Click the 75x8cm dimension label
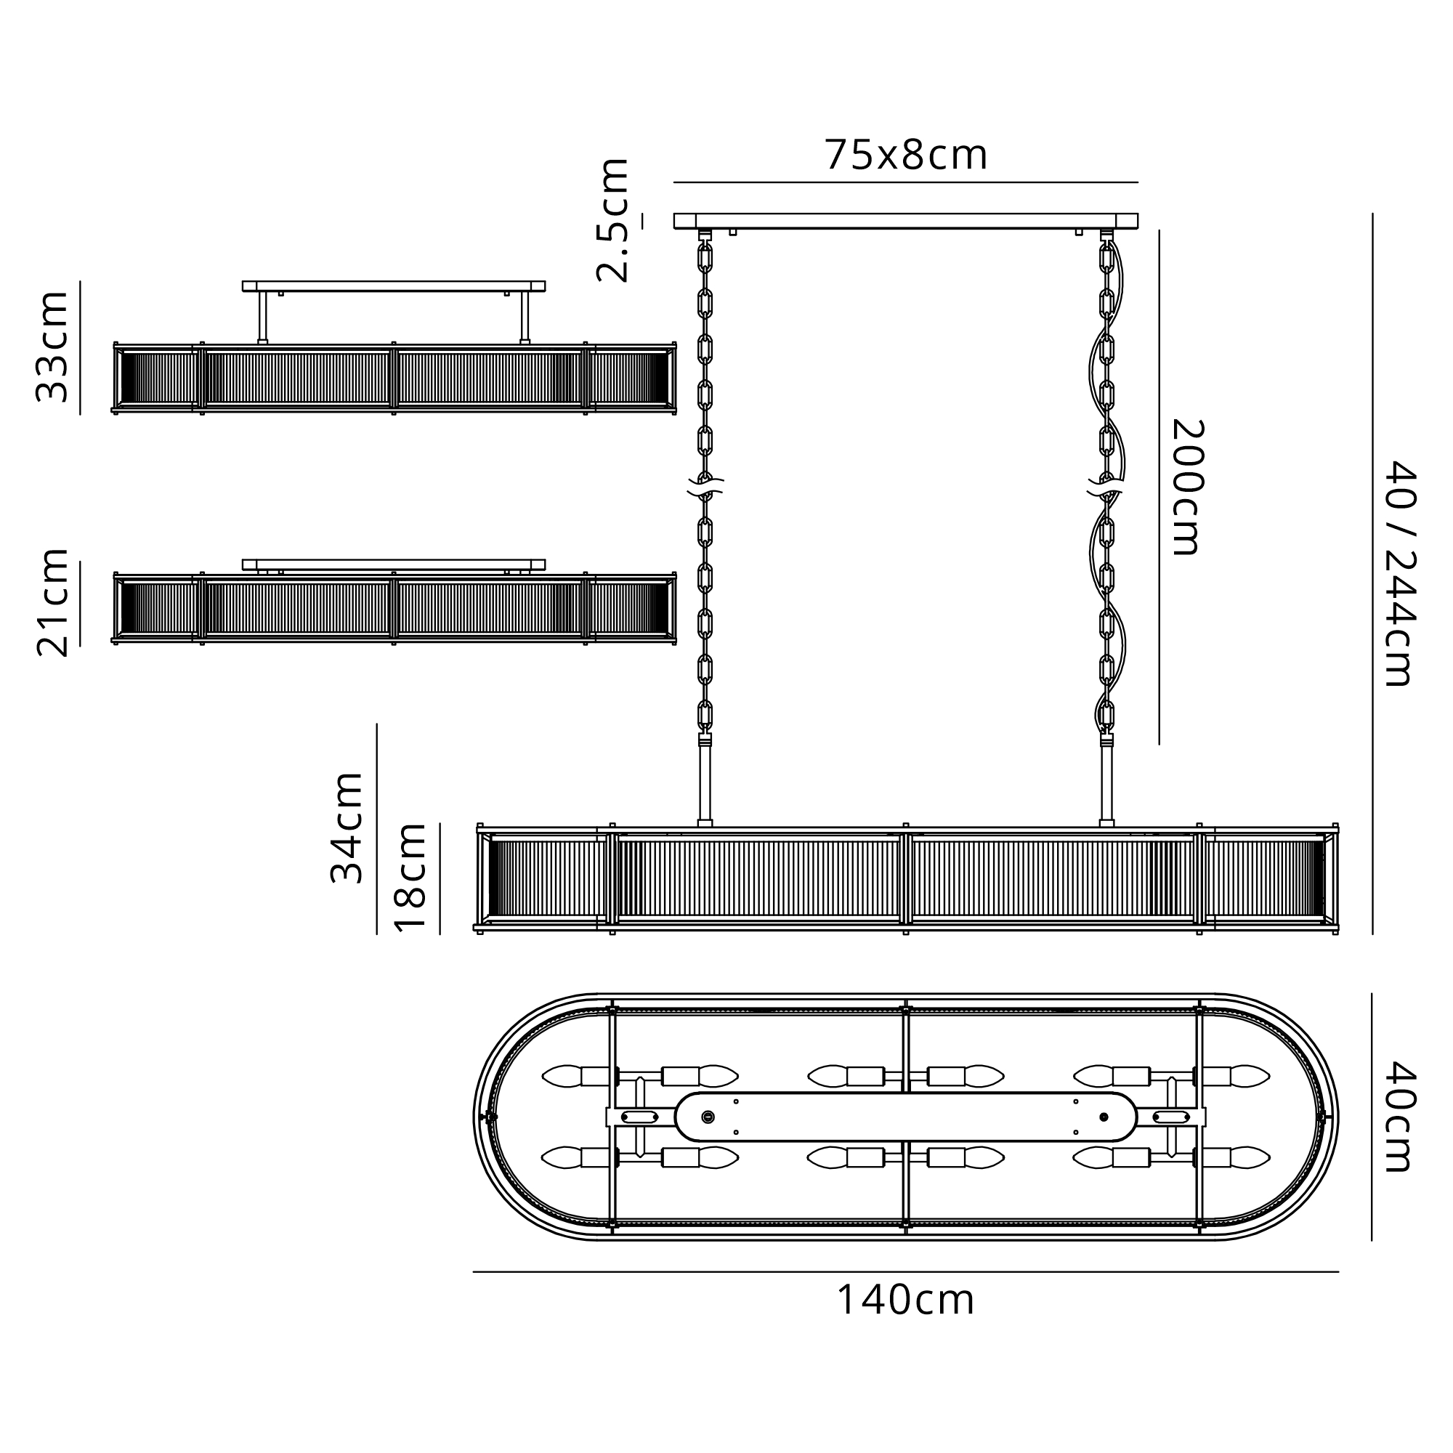905,155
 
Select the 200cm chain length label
1189,487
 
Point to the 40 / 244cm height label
1401,573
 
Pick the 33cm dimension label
52,347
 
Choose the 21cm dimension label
52,602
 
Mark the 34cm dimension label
347,827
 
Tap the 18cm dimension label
410,878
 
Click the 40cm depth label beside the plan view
1401,1117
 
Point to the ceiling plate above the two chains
905,221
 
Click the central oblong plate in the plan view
905,1117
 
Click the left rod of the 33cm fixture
262,317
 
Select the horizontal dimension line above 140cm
905,1272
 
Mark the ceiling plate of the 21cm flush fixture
393,564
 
